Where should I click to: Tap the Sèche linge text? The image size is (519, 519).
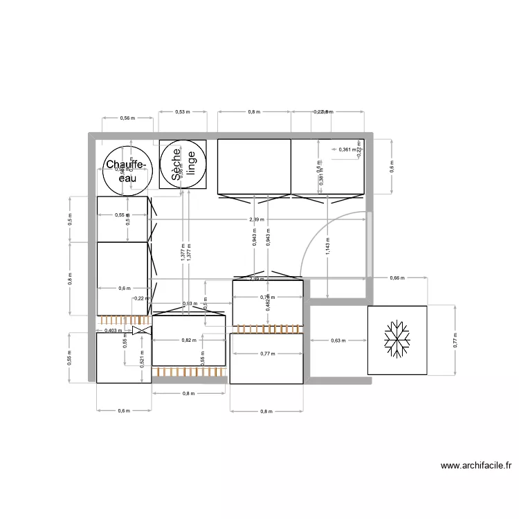(x=183, y=165)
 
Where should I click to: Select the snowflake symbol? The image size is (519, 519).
(x=397, y=339)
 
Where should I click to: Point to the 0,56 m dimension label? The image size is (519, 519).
(x=127, y=118)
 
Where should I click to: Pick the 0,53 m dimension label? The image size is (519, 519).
(x=182, y=111)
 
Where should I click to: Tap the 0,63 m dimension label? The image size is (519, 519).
(x=338, y=340)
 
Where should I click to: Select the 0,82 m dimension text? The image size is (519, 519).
(x=188, y=340)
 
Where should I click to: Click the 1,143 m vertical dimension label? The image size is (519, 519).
(x=327, y=247)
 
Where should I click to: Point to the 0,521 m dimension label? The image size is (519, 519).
(x=141, y=355)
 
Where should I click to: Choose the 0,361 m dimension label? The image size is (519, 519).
(x=347, y=149)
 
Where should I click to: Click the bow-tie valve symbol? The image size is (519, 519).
(x=141, y=331)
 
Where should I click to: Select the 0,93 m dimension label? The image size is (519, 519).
(x=188, y=304)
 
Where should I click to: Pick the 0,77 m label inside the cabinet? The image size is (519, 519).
(x=266, y=354)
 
